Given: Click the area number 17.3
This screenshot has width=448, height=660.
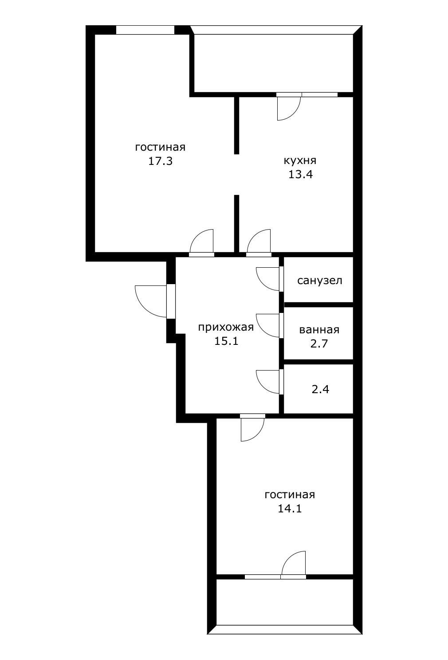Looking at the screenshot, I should pos(160,161).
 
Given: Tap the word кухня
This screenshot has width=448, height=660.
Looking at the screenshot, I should pos(300,160).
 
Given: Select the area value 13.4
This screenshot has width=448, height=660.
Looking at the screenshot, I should pos(300,174).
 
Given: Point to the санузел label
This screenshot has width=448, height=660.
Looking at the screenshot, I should pos(319,281).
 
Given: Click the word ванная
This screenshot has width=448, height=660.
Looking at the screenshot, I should pos(319,330).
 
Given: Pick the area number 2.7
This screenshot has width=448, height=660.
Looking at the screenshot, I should pos(319,343).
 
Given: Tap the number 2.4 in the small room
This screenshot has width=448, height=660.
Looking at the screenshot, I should pos(321,390).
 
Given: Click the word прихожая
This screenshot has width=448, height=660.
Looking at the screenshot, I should pos(226,327).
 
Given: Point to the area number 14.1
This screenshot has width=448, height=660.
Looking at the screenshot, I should pos(290,508).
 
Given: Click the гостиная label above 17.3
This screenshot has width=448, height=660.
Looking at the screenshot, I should pos(160,147).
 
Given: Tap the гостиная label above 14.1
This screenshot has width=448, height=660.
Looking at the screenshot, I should pos(290,495).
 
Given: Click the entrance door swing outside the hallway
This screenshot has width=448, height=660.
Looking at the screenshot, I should pos(151,301).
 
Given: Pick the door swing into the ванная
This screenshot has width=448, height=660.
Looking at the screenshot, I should pos(268,325).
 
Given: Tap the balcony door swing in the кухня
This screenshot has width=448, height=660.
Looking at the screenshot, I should pos(288,108).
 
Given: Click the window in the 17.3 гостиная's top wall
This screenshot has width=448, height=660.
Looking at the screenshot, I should pos(145,30).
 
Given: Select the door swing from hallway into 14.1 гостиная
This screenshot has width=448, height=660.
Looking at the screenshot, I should pos(252,429).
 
